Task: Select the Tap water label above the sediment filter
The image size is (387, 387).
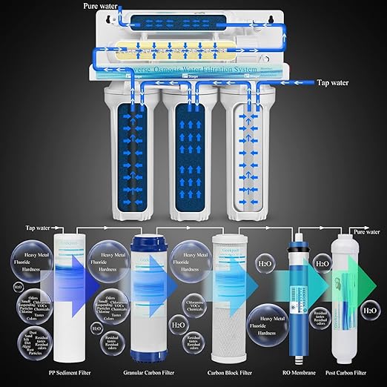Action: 40,228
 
